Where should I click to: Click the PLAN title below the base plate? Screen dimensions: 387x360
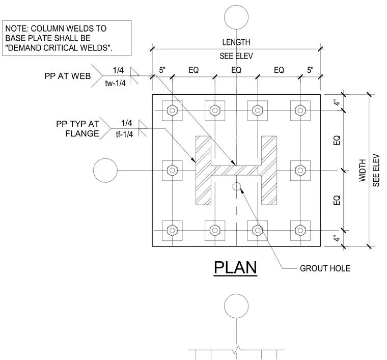235,267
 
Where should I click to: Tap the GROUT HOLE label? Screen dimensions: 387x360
325,268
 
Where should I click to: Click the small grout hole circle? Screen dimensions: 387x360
236,186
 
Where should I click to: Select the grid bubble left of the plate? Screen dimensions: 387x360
105,170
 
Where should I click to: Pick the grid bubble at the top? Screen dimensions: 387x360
236,17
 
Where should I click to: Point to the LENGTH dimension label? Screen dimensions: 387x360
236,42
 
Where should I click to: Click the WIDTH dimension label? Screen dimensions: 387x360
363,171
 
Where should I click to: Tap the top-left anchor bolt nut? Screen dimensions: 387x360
172,110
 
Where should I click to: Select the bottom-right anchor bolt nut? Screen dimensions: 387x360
300,231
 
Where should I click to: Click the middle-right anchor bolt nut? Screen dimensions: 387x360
300,170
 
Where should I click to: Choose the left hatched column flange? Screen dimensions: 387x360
203,170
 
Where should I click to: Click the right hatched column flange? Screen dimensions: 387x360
269,170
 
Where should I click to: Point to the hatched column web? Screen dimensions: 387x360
236,170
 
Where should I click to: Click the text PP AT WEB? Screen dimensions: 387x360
68,76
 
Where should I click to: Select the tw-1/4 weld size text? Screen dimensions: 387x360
115,83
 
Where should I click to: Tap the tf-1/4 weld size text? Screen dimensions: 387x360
124,134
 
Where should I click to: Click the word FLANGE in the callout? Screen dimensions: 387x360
82,133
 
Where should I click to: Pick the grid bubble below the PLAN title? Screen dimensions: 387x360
236,306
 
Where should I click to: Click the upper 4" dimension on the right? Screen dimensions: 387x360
337,102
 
